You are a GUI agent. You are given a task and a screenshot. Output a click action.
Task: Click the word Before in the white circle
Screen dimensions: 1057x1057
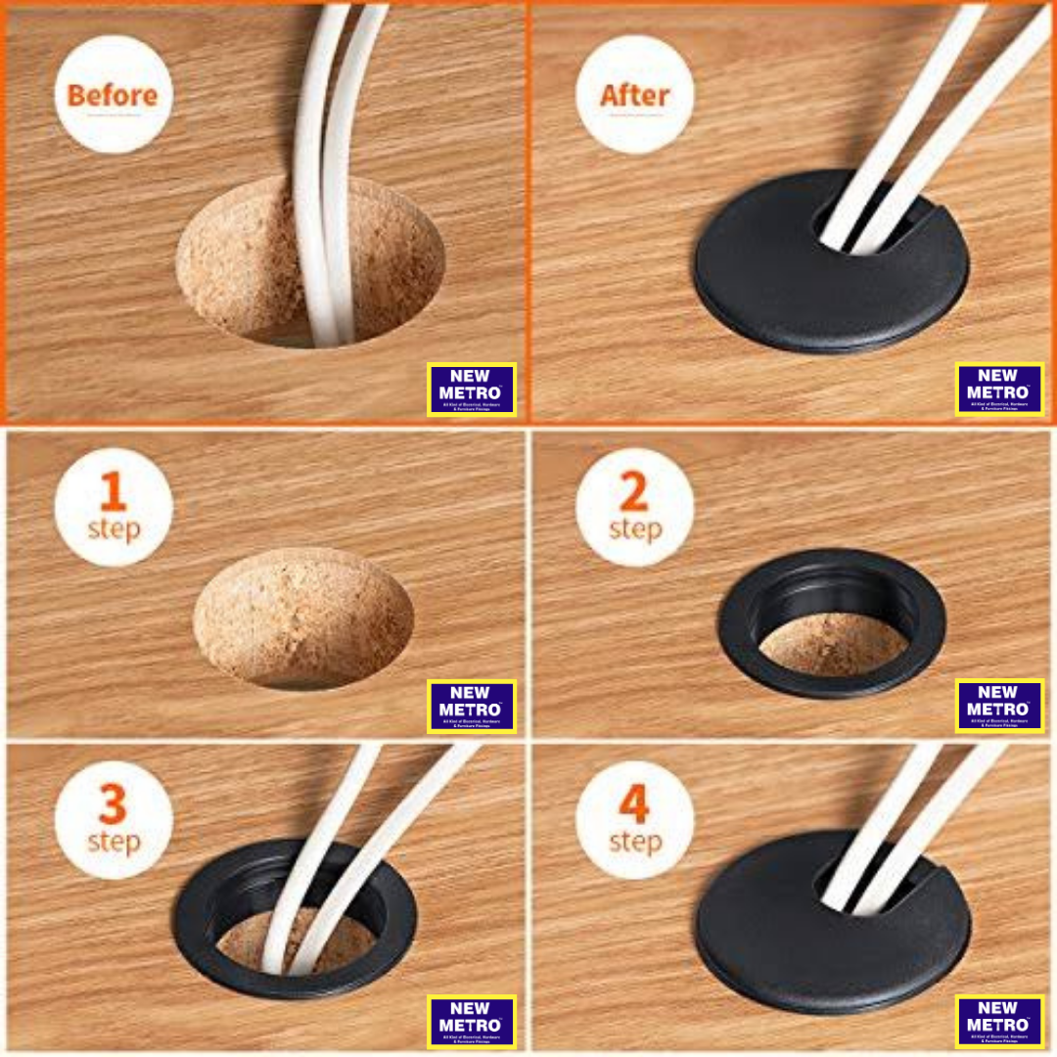(x=113, y=97)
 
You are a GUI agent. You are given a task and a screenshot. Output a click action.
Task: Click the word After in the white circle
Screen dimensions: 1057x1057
(x=634, y=97)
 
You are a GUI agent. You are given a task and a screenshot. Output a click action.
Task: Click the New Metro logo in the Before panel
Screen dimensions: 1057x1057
(x=472, y=389)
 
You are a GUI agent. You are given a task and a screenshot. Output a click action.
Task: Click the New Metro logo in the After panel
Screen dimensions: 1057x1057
(x=998, y=389)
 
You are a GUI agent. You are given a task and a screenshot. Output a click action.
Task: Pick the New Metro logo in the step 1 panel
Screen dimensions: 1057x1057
(x=470, y=706)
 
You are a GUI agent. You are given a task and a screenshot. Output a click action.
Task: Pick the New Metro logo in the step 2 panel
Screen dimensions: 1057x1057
(x=998, y=706)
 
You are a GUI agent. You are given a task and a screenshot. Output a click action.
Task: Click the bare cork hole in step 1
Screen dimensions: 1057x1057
(x=303, y=617)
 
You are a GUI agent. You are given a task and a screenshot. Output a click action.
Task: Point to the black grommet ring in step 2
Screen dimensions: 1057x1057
(x=832, y=675)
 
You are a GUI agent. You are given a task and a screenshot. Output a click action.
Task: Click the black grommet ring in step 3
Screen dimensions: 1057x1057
(x=196, y=930)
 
